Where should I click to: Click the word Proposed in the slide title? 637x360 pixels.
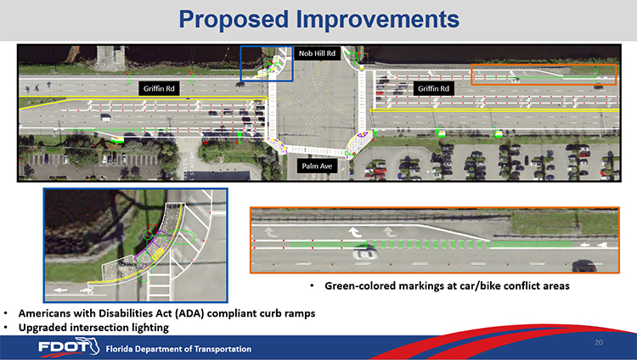pyautogui.click(x=234, y=20)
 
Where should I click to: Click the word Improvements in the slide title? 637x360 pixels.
pyautogui.click(x=378, y=19)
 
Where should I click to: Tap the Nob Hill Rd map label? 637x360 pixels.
pyautogui.click(x=317, y=53)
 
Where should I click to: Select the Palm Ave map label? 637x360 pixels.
pyautogui.click(x=317, y=166)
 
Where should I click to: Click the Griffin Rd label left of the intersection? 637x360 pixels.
pyautogui.click(x=159, y=88)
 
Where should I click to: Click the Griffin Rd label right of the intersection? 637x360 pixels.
pyautogui.click(x=433, y=88)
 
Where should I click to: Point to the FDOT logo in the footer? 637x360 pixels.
pyautogui.click(x=68, y=346)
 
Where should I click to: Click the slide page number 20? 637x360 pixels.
pyautogui.click(x=599, y=342)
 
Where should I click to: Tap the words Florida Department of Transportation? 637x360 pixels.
pyautogui.click(x=178, y=349)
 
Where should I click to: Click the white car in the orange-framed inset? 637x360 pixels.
pyautogui.click(x=365, y=255)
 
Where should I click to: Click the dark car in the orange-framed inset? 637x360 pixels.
pyautogui.click(x=584, y=266)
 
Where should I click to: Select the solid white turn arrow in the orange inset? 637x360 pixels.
pyautogui.click(x=355, y=233)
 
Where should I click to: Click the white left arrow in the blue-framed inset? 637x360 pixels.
pyautogui.click(x=60, y=290)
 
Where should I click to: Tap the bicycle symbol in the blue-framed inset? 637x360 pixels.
pyautogui.click(x=87, y=290)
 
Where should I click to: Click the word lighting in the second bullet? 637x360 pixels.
pyautogui.click(x=149, y=328)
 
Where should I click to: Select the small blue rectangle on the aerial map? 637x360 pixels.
pyautogui.click(x=267, y=64)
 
